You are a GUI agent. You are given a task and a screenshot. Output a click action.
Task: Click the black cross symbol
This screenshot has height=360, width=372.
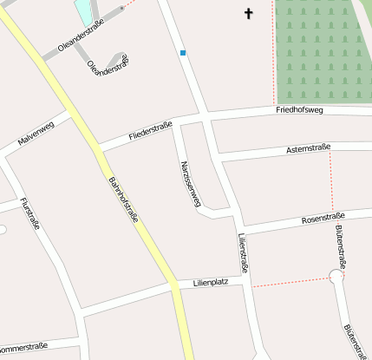click(x=249, y=14)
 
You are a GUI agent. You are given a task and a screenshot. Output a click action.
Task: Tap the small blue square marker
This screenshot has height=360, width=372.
click(x=183, y=53)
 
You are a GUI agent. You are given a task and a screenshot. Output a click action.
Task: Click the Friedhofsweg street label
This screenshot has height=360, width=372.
click(x=299, y=110)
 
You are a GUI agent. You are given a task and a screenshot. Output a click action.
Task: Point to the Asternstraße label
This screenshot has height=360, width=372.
click(x=308, y=150)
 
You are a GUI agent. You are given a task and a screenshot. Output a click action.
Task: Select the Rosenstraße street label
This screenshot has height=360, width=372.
click(x=323, y=217)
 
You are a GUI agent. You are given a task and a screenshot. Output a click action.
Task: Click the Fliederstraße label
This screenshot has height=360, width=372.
click(x=150, y=132)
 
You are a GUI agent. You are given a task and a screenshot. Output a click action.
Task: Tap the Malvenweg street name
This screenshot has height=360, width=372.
click(x=36, y=133)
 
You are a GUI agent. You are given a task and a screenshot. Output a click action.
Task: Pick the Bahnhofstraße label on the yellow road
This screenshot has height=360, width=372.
click(x=124, y=200)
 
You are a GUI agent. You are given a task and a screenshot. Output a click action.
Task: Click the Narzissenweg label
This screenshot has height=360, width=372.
click(x=190, y=182)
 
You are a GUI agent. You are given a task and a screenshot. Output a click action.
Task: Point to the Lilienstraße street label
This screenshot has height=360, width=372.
click(x=244, y=253)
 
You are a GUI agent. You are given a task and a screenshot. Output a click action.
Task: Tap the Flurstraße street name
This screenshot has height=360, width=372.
click(x=29, y=213)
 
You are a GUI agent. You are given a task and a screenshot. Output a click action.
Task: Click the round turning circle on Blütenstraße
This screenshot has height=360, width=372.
click(x=336, y=278)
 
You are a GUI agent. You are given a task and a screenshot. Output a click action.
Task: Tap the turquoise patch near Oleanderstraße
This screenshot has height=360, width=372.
click(x=84, y=11)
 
